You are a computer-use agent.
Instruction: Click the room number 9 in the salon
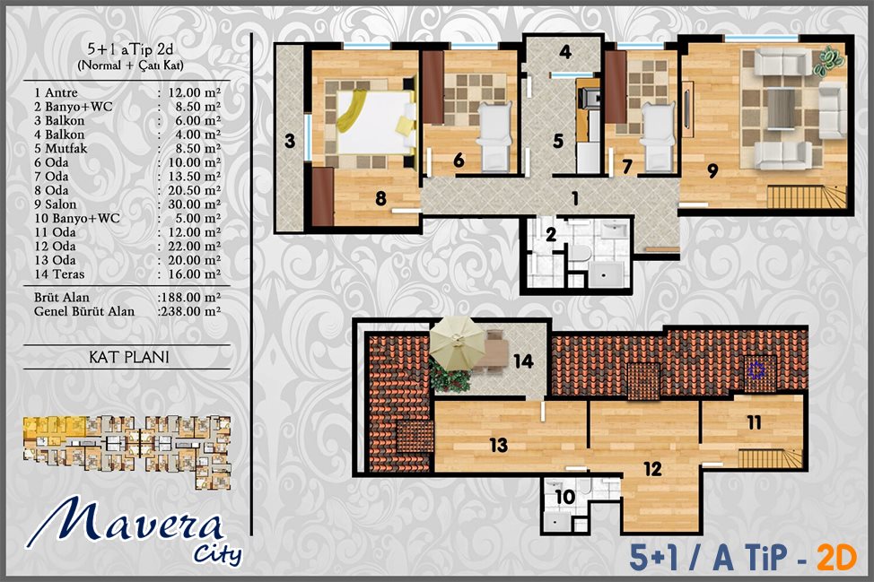[712, 170]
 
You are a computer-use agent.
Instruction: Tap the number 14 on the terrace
[523, 361]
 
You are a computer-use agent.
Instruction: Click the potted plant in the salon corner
[829, 59]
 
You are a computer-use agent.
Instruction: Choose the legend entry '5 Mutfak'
[61, 149]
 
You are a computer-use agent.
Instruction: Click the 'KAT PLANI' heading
[128, 357]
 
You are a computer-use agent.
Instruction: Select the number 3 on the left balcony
[289, 141]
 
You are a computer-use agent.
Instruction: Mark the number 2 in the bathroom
[551, 234]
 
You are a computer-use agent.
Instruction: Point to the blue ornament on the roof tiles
[756, 369]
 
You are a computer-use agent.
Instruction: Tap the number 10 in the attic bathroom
[564, 497]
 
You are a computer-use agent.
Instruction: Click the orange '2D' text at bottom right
[836, 558]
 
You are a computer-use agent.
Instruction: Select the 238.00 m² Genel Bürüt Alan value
[190, 311]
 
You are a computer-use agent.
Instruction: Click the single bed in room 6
[495, 136]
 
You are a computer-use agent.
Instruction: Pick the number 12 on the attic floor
[652, 469]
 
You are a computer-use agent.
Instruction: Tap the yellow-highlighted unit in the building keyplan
[54, 430]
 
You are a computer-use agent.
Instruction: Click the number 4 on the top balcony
[565, 52]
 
